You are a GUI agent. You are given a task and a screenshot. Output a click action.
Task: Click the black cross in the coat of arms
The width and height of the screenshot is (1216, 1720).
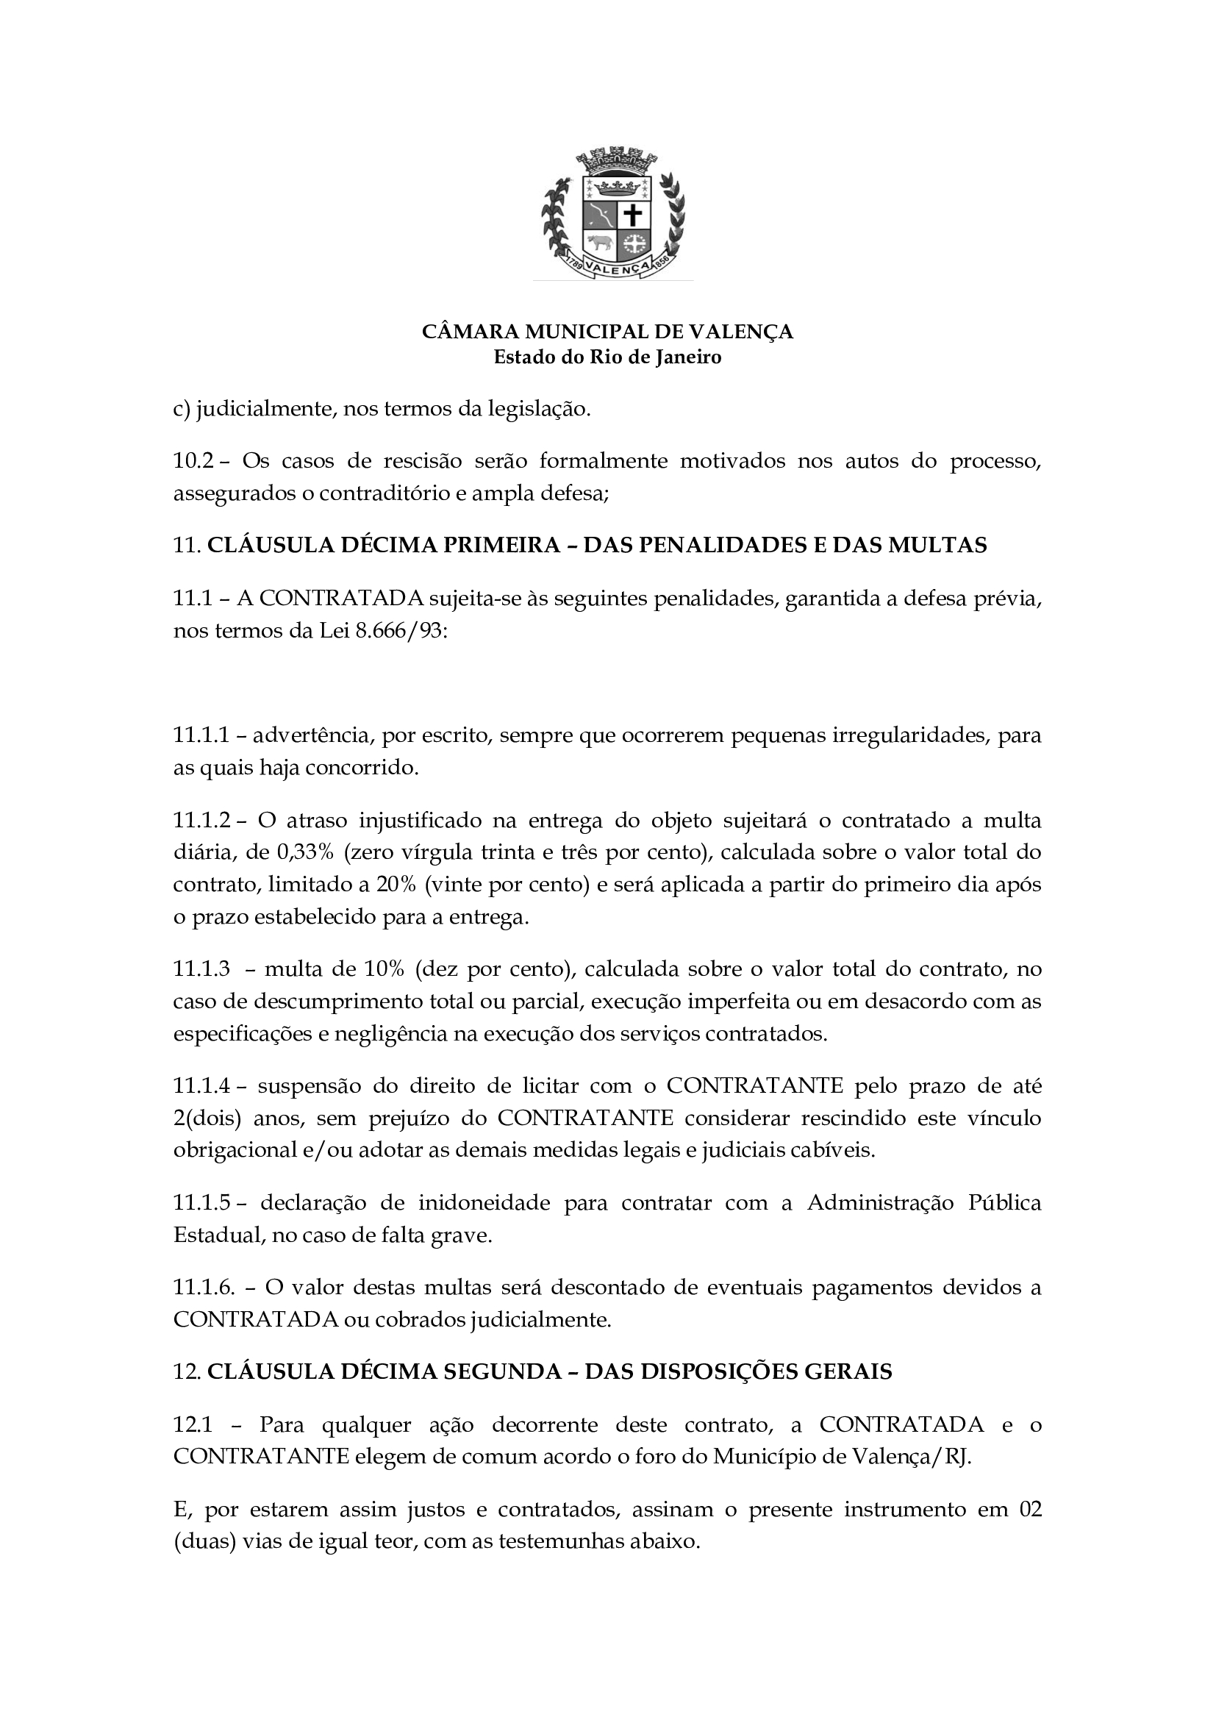coord(634,215)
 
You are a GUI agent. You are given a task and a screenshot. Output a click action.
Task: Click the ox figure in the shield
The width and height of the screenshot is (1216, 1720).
coord(599,243)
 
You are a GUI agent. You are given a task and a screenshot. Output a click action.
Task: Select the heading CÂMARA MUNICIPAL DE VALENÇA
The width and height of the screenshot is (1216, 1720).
coord(607,332)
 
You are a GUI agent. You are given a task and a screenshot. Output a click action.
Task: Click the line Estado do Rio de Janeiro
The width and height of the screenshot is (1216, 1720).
coord(607,357)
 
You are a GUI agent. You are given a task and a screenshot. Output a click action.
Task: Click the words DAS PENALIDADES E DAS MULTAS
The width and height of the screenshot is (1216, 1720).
coord(784,546)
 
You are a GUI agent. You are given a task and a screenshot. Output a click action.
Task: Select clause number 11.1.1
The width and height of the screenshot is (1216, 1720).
coord(200,735)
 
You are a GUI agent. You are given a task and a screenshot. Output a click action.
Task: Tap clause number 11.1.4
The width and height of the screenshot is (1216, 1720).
coord(200,1085)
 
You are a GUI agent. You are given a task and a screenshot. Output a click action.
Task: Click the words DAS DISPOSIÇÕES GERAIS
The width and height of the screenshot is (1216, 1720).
coord(737,1371)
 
